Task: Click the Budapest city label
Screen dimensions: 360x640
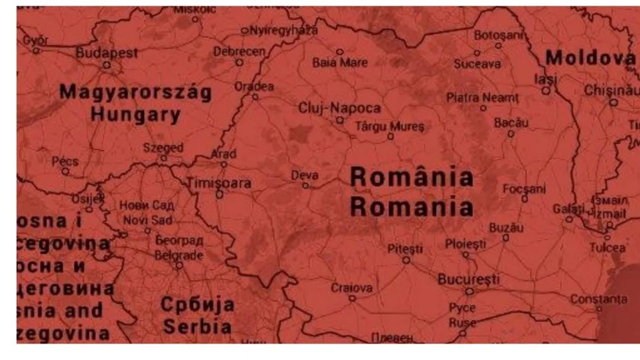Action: click(x=107, y=53)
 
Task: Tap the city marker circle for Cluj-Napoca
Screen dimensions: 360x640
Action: click(x=340, y=120)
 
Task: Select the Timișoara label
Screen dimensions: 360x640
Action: click(x=219, y=183)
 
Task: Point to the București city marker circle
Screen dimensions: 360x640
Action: click(x=469, y=291)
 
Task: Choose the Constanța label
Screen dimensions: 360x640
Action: click(x=598, y=299)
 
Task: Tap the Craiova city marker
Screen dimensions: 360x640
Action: click(x=352, y=299)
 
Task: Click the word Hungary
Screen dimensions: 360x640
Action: click(x=136, y=114)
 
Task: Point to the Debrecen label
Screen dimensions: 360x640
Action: click(x=239, y=52)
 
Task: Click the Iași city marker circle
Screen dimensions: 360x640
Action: click(x=546, y=90)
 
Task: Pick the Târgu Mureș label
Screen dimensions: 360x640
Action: click(x=390, y=126)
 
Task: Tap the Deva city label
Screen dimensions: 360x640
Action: click(x=305, y=176)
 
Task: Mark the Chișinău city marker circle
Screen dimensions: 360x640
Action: click(x=614, y=103)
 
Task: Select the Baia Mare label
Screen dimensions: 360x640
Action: click(x=340, y=63)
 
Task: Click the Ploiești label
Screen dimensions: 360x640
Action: click(x=465, y=244)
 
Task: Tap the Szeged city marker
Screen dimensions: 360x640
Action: click(x=164, y=158)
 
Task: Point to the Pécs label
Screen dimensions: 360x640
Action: click(x=65, y=161)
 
